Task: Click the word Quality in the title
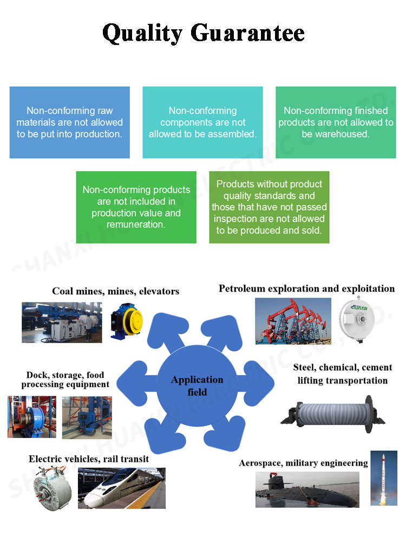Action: click(142, 34)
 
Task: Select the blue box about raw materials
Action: click(70, 122)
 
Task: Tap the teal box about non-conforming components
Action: click(202, 122)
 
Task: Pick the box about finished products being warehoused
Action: click(336, 122)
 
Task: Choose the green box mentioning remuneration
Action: click(136, 207)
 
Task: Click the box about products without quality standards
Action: click(269, 207)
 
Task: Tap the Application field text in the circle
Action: click(197, 386)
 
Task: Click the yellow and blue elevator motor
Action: click(127, 321)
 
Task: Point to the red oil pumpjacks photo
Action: click(293, 321)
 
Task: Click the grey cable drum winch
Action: click(333, 414)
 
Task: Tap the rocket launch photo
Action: click(384, 478)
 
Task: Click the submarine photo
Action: click(307, 489)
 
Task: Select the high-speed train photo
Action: click(121, 488)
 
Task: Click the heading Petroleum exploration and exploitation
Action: click(306, 289)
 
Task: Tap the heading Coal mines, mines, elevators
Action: click(116, 292)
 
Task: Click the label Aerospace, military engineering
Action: click(304, 463)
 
